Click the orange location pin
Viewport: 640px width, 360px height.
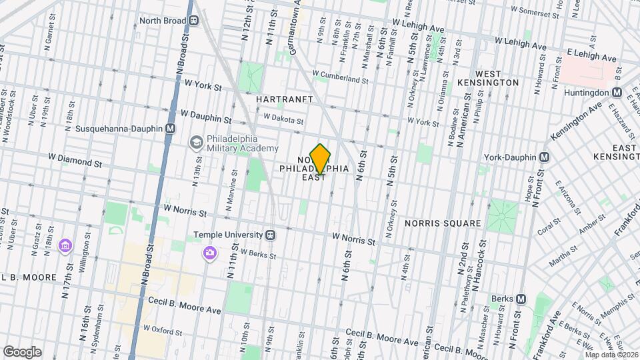pos(321,159)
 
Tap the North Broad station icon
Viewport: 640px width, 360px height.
pos(193,21)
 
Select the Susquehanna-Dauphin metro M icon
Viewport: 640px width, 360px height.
pos(171,128)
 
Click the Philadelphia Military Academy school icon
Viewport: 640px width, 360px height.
pos(196,142)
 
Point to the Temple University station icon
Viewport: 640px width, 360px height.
pos(271,235)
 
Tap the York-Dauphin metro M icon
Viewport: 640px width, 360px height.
pos(545,157)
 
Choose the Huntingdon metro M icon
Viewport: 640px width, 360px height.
pos(617,93)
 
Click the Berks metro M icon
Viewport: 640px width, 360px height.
pos(521,299)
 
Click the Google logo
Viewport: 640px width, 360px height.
pos(22,352)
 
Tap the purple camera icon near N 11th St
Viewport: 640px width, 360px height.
pos(210,253)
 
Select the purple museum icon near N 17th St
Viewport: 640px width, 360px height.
pos(65,247)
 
